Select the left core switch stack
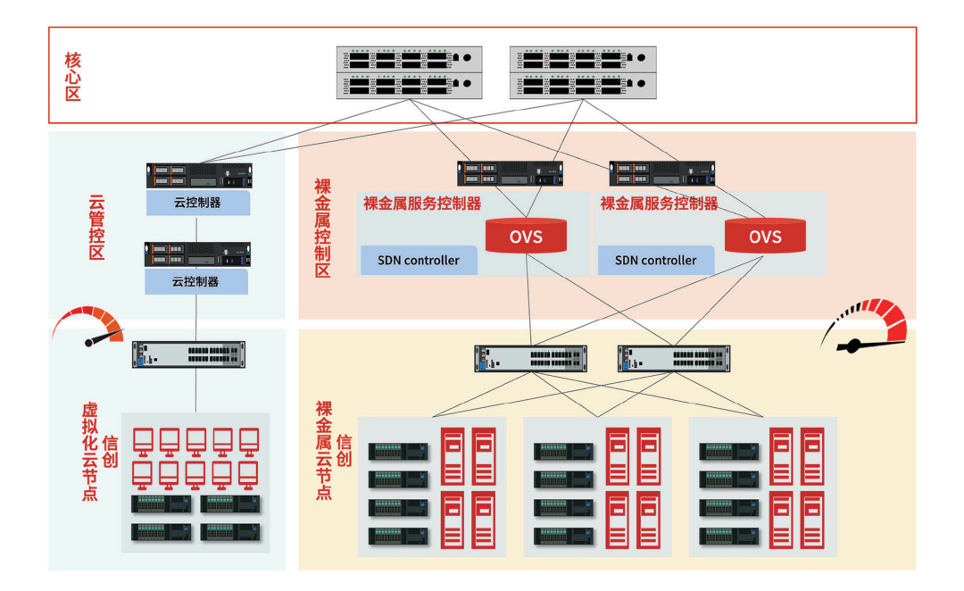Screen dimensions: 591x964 410,72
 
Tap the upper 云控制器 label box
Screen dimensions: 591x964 197,202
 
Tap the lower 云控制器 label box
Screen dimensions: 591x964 197,281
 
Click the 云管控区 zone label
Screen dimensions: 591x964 96,228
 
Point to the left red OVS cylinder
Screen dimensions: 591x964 526,236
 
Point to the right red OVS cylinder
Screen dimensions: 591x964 765,236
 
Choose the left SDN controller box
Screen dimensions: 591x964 419,261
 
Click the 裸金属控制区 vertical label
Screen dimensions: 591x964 322,228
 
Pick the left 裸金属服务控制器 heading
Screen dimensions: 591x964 422,204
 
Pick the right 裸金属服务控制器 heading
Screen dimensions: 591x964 659,204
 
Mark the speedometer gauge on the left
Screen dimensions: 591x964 89,327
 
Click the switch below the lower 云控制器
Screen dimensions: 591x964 189,354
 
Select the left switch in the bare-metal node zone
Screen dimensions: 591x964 531,359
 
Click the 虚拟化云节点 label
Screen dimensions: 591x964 89,451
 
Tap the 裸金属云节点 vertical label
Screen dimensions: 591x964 324,450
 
